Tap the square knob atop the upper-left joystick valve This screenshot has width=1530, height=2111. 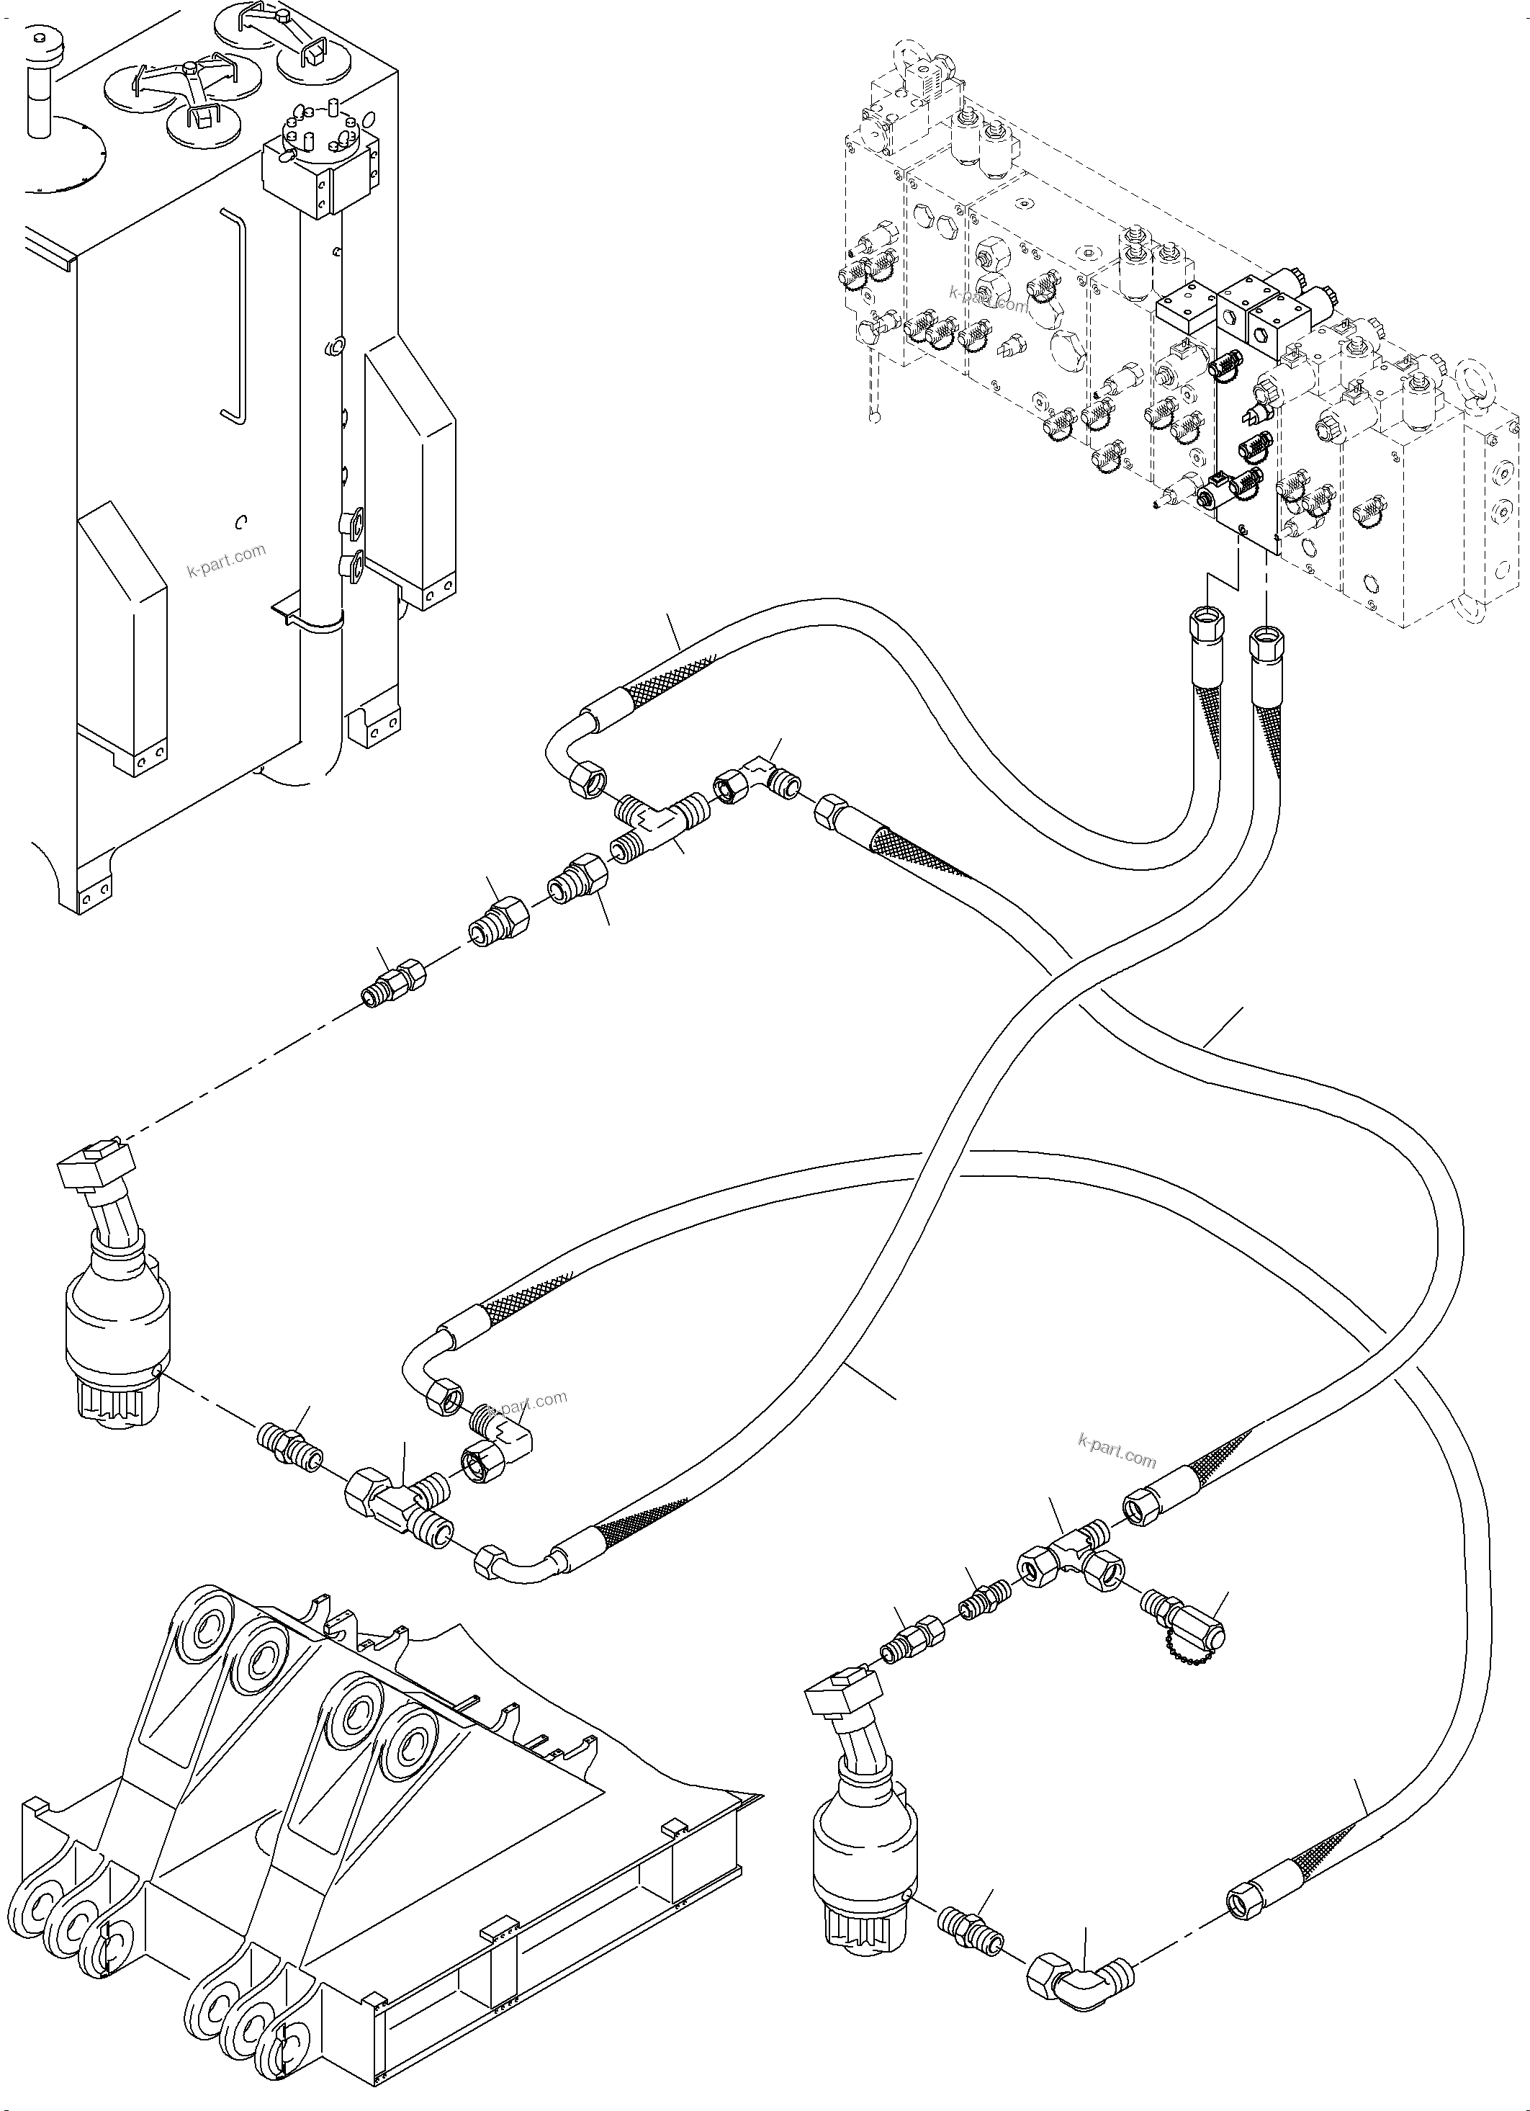click(94, 1162)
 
